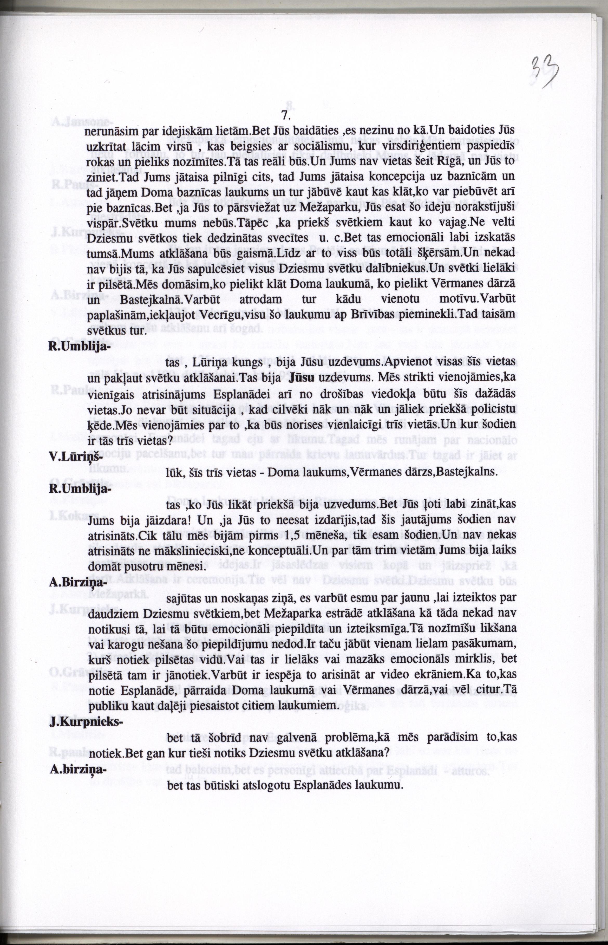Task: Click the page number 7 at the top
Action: tap(286, 115)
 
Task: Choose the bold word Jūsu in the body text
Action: tap(301, 378)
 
